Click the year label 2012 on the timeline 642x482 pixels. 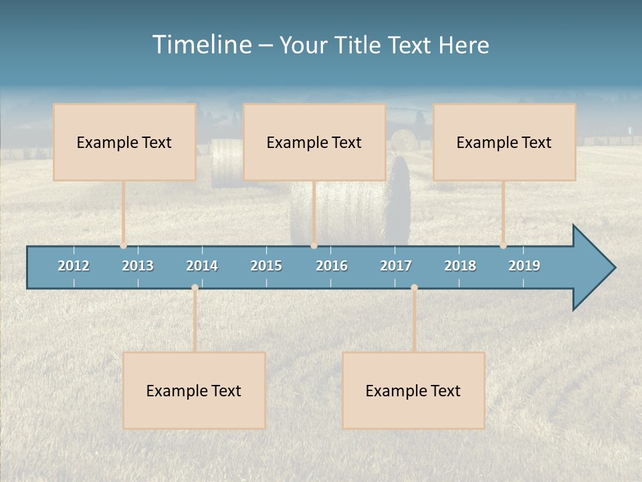tap(74, 266)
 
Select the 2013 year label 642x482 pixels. tap(138, 266)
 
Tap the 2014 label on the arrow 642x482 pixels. tap(202, 266)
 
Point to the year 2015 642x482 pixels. tap(266, 266)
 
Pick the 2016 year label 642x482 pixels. tap(332, 266)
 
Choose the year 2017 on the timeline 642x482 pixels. tap(396, 266)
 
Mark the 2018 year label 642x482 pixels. tap(460, 266)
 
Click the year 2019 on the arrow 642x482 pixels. tap(524, 266)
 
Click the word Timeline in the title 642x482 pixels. tap(201, 45)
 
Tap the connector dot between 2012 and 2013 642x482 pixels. tap(124, 246)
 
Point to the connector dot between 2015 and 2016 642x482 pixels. tap(314, 246)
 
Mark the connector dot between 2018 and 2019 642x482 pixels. tap(504, 246)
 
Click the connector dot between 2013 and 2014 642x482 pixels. tap(195, 288)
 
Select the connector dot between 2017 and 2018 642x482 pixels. tap(414, 288)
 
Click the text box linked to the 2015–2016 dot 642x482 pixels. tap(314, 142)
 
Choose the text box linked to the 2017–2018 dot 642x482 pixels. tap(413, 390)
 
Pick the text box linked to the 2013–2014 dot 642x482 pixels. tap(194, 390)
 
